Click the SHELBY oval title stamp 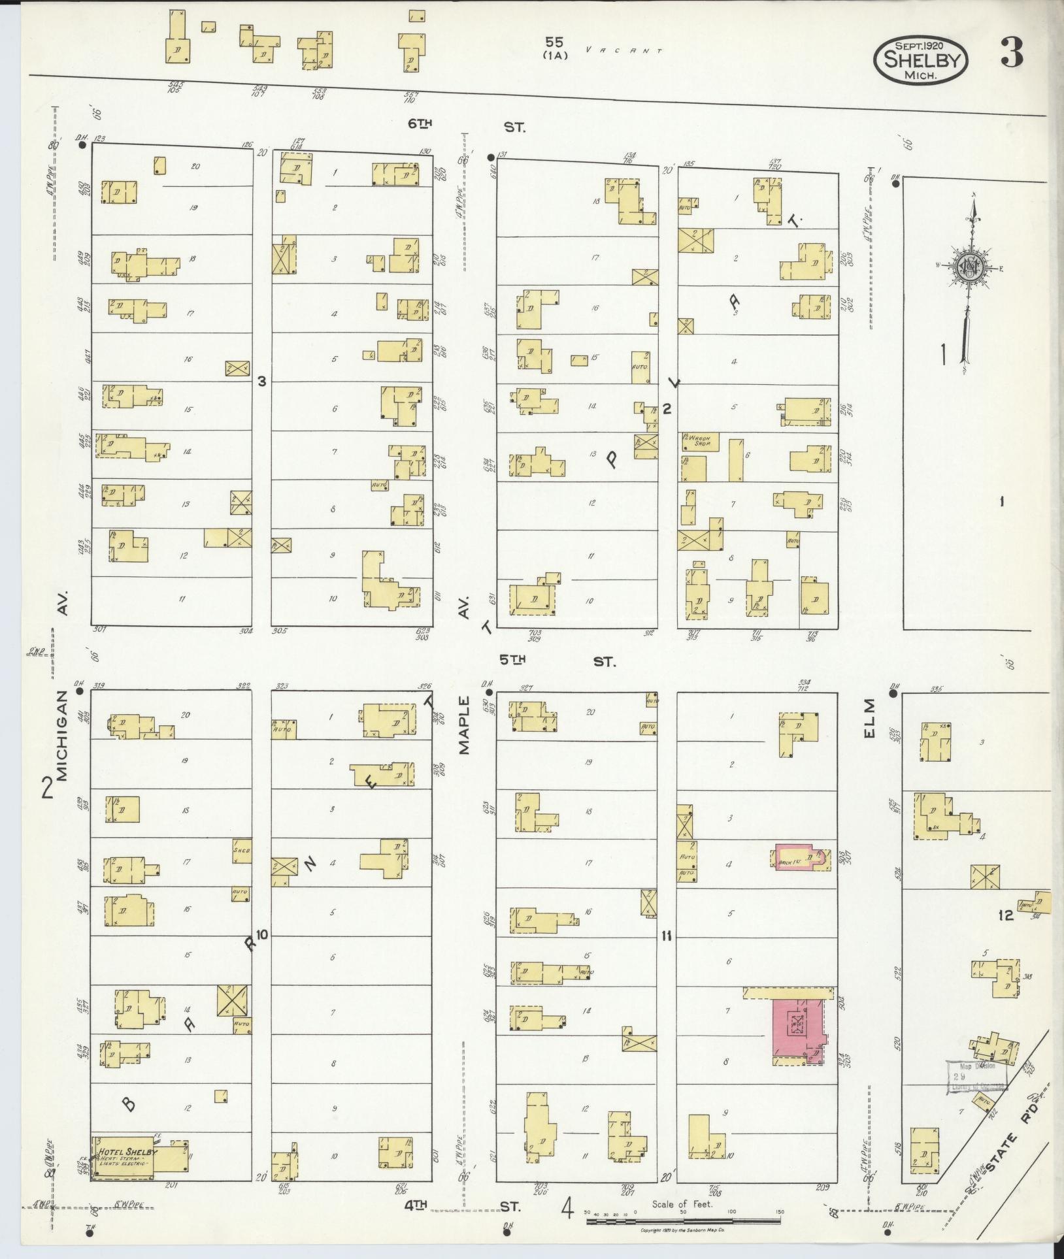point(920,59)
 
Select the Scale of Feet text point(682,1204)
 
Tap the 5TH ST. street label point(557,661)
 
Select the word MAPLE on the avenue point(465,725)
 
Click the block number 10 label point(261,934)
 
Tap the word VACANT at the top point(624,50)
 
